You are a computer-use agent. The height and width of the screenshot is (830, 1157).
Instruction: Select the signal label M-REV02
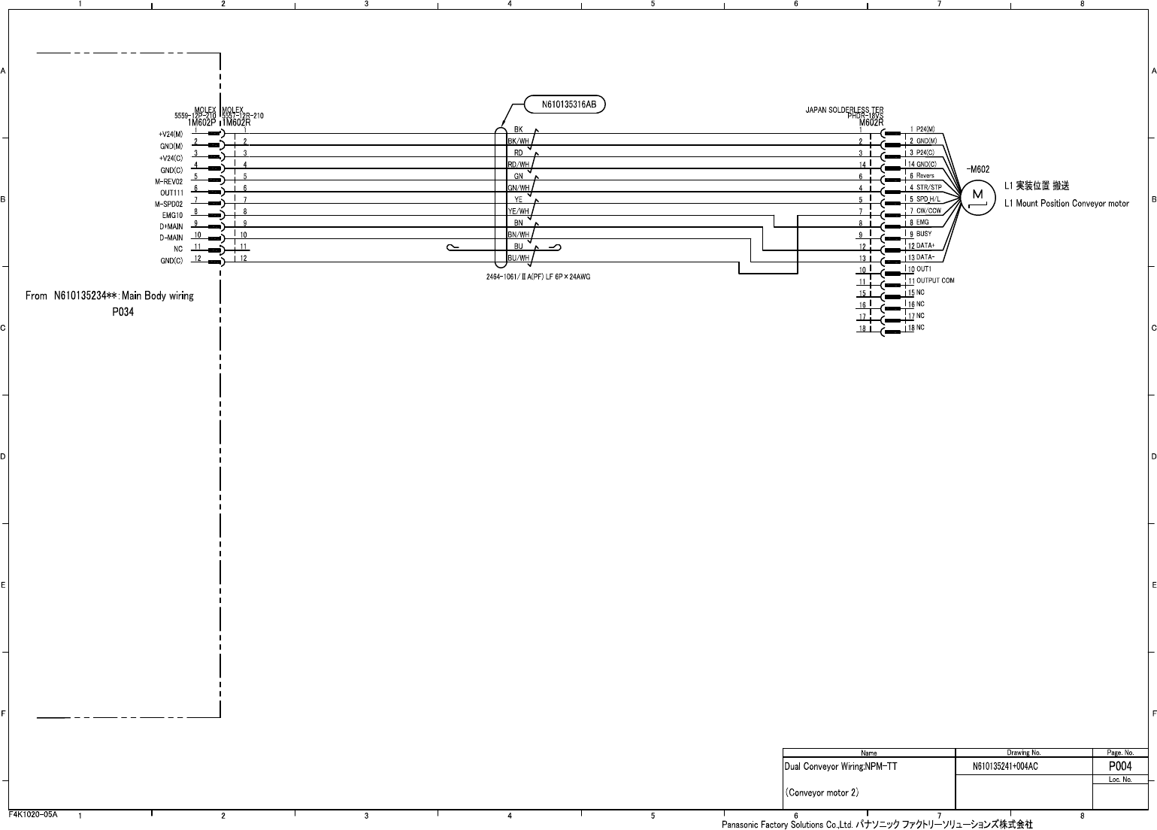pos(169,181)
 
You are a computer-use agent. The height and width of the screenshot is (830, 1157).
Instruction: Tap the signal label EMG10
pos(172,215)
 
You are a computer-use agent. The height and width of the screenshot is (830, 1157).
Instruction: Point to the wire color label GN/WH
pos(519,188)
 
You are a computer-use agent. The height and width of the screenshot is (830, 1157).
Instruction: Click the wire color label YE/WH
pos(519,211)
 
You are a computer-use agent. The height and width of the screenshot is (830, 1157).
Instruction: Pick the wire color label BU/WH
pos(519,258)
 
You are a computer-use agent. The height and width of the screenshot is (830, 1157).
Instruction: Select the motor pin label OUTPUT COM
pos(935,280)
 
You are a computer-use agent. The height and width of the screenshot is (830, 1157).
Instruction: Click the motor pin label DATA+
pos(925,246)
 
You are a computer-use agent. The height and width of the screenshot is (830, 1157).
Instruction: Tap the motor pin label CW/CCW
pos(928,211)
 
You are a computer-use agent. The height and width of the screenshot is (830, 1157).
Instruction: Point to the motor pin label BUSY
pos(923,234)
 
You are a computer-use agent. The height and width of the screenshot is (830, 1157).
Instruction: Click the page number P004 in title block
pos(1120,766)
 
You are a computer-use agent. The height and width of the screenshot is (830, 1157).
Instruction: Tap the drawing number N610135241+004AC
pos(1004,767)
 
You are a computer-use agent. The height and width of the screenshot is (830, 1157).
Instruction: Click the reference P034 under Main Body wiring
pos(123,312)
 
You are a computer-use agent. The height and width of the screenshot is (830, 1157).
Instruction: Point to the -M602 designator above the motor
pos(978,170)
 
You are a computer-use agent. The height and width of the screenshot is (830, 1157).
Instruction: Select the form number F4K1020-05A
pos(33,814)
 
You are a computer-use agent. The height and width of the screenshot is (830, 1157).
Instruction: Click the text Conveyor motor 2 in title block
pos(822,792)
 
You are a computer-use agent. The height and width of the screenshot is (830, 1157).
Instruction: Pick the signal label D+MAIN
pos(171,227)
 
